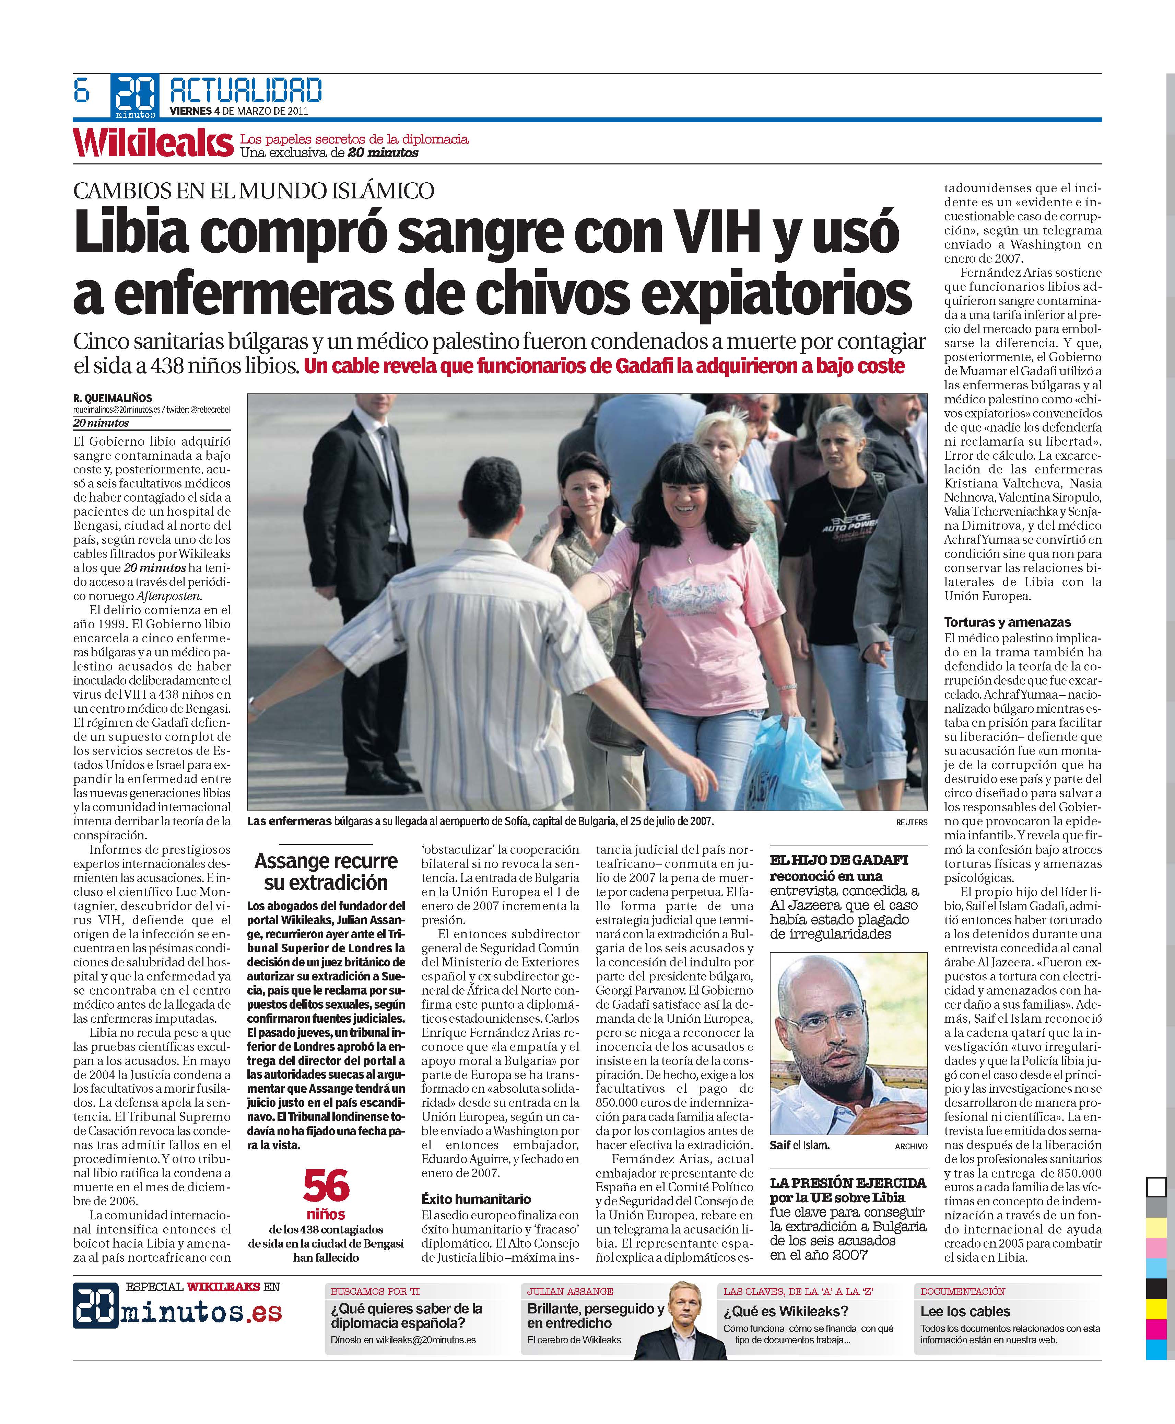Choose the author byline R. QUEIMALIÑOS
pyautogui.click(x=113, y=398)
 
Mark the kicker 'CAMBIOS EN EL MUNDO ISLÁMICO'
pyautogui.click(x=253, y=191)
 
